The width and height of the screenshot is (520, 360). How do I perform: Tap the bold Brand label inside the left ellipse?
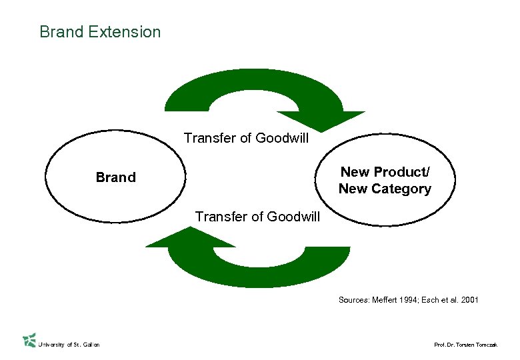click(115, 177)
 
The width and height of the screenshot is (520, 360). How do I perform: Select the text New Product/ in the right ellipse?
click(385, 172)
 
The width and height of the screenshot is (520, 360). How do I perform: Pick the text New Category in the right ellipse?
click(385, 189)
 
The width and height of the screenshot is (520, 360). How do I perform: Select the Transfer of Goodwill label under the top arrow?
click(246, 138)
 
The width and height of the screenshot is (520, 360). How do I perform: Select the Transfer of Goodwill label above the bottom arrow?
click(257, 216)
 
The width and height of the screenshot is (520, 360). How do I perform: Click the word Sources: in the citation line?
click(353, 300)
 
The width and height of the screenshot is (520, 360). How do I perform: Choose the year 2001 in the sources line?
click(469, 300)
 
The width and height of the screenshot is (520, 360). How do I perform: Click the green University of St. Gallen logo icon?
click(29, 340)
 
